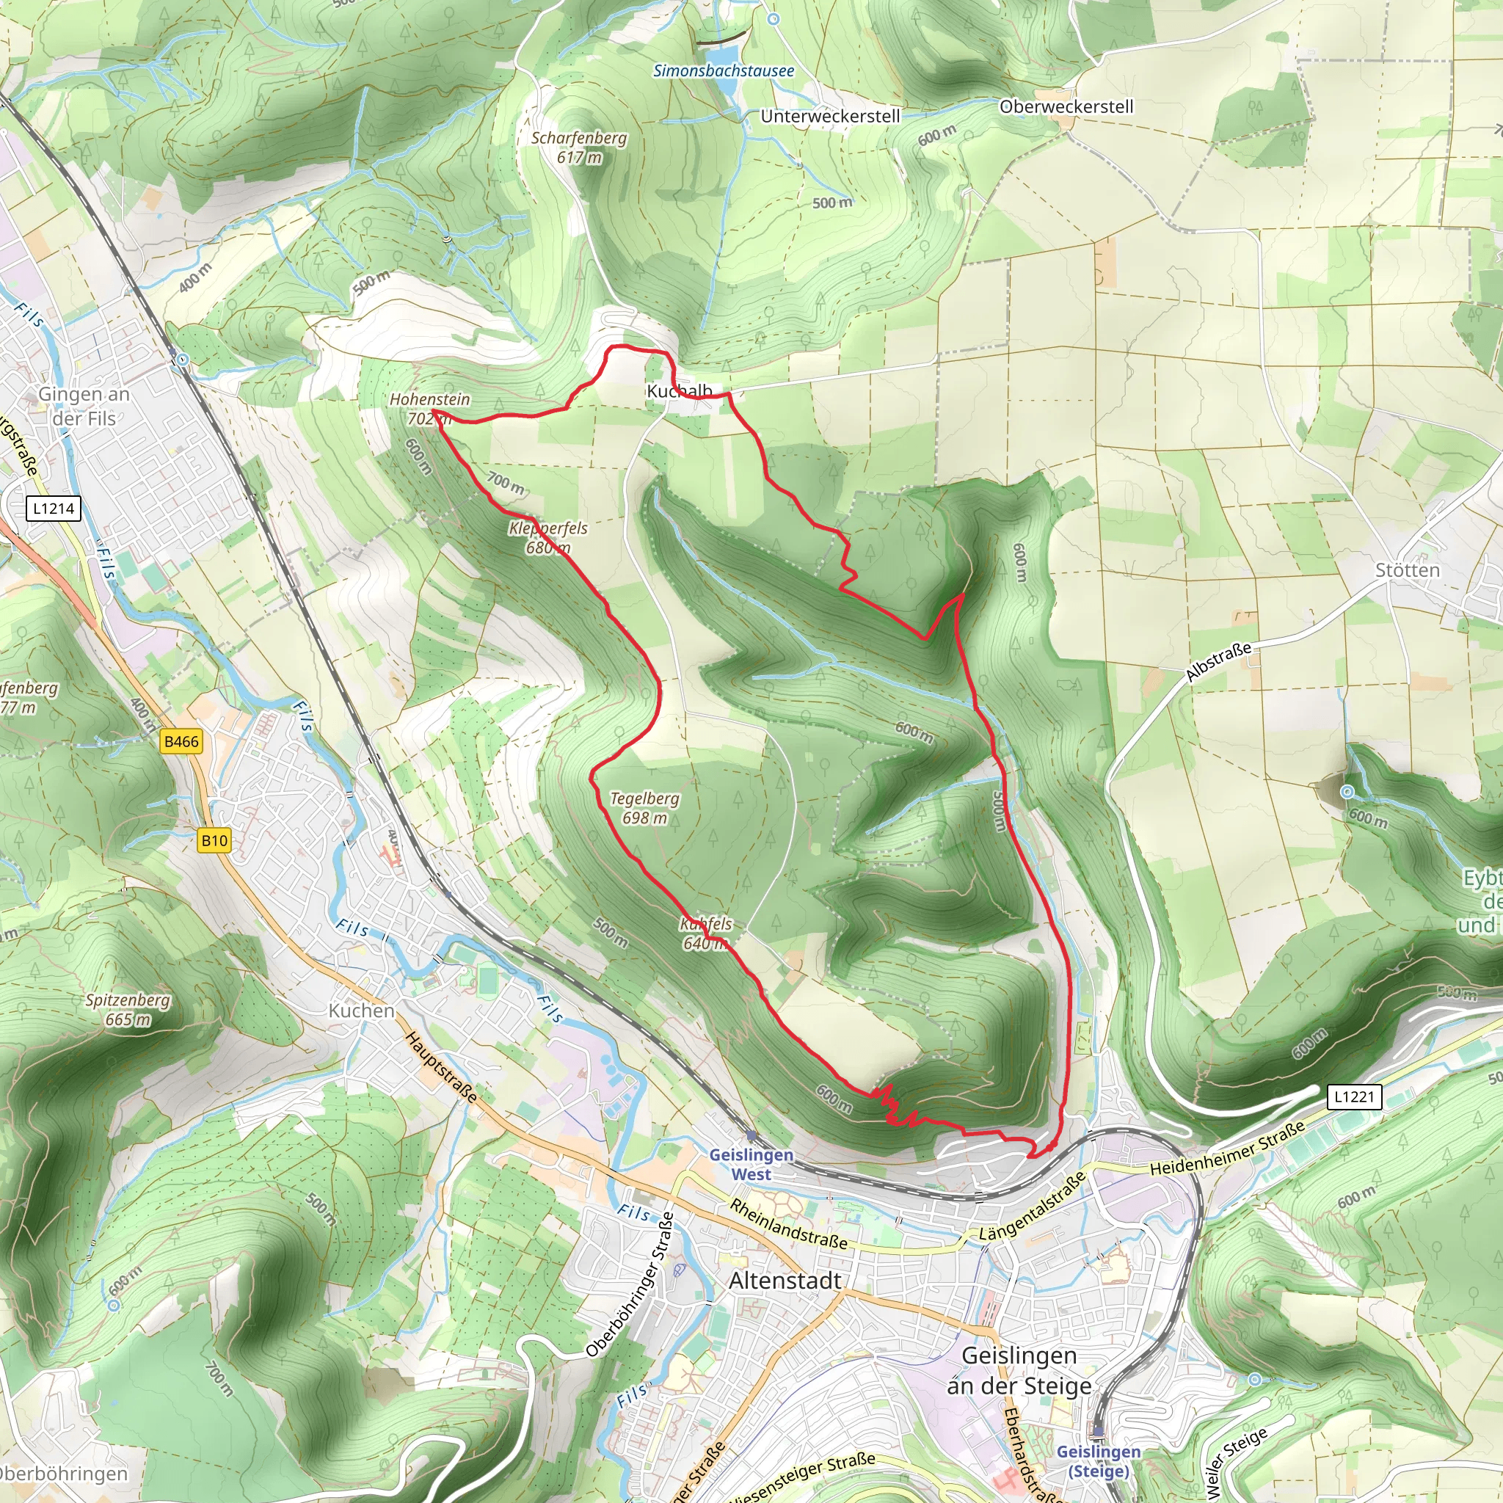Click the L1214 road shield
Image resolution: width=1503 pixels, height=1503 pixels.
tap(54, 509)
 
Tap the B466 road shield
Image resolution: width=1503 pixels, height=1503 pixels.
tap(181, 741)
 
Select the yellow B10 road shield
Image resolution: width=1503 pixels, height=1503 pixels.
tap(214, 840)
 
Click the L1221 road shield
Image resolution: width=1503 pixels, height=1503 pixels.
tap(1355, 1097)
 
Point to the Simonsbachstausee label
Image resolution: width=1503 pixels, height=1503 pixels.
tap(724, 70)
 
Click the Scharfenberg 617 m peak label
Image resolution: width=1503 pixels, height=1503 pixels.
tap(579, 147)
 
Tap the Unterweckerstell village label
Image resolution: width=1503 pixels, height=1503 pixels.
tap(830, 117)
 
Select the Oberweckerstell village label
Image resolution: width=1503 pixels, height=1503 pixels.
tap(1066, 106)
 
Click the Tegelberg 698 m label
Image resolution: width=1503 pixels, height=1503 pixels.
tap(644, 807)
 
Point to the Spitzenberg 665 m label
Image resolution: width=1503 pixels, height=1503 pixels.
tap(128, 1009)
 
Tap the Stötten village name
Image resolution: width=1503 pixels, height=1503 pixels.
tap(1408, 570)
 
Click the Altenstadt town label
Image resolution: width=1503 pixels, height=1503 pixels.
tap(785, 1281)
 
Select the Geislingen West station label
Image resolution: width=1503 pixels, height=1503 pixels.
tap(751, 1165)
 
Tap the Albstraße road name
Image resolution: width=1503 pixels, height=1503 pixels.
tap(1218, 662)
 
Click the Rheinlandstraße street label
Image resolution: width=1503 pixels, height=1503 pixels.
tap(788, 1223)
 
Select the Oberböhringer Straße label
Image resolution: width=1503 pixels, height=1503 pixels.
tap(630, 1284)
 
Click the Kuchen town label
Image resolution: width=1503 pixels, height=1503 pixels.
tap(361, 1011)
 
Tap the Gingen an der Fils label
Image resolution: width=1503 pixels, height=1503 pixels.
tap(84, 406)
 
